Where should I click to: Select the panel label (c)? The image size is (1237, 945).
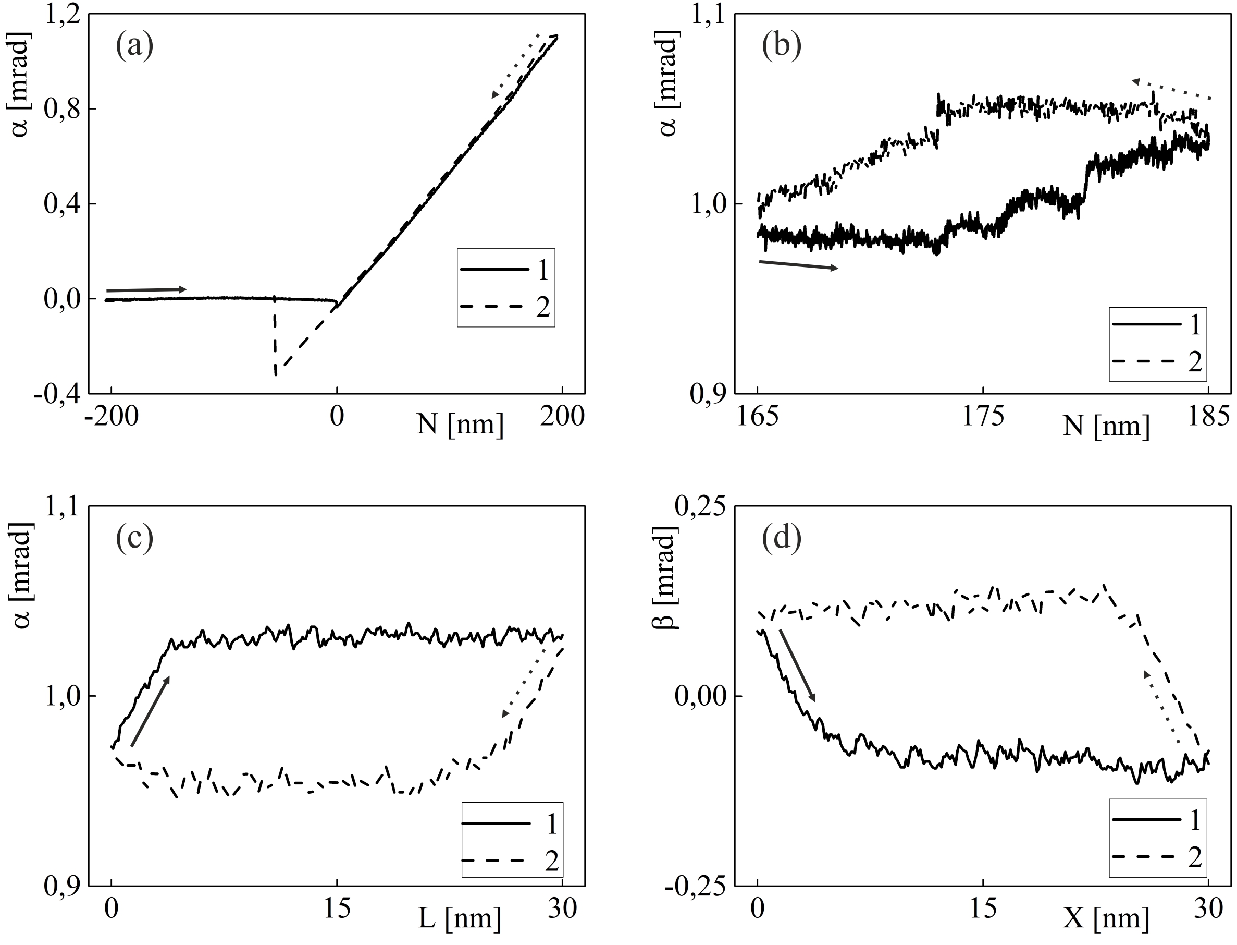(134, 538)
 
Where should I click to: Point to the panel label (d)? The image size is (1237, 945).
(781, 538)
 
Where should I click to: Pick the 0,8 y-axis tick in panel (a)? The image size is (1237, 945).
(62, 109)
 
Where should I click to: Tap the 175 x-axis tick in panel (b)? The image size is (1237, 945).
(982, 417)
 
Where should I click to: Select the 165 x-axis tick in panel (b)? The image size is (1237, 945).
(758, 417)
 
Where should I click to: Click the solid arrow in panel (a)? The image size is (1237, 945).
(146, 289)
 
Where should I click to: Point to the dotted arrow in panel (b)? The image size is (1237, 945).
(1171, 90)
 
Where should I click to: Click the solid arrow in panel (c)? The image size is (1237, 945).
(150, 711)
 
